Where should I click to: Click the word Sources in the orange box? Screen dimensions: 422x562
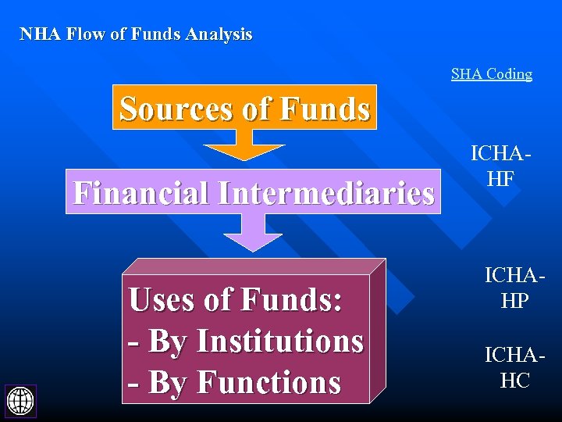pos(176,109)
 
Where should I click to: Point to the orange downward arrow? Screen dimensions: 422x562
pos(244,145)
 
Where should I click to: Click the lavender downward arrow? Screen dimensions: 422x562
pos(252,233)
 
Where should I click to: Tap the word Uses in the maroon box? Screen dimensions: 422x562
pos(164,299)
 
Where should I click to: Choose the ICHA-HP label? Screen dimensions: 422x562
pos(514,288)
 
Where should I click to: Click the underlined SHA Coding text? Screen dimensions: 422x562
pos(492,74)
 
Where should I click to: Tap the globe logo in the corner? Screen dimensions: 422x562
pos(20,400)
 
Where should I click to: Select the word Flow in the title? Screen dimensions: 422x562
pos(84,34)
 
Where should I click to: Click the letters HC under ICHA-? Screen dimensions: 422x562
pos(514,381)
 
